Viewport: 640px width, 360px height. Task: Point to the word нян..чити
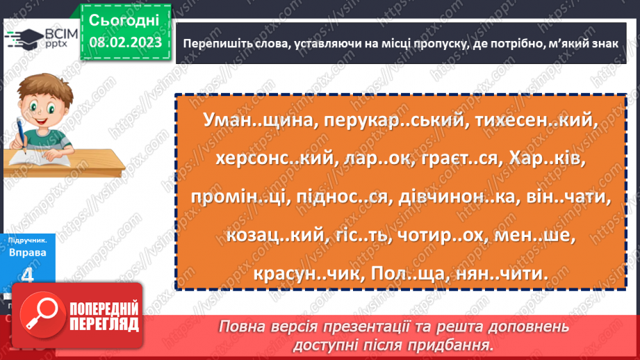[x=502, y=275]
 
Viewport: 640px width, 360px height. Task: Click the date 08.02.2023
[x=124, y=43]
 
